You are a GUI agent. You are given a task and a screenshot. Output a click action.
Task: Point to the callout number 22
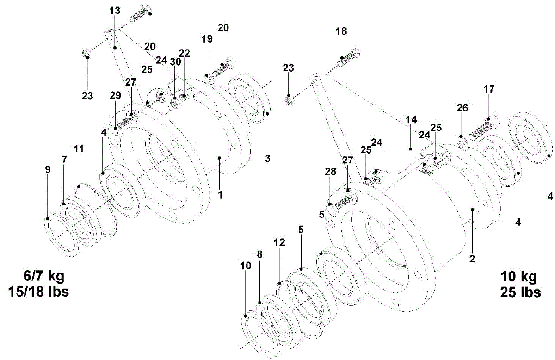185,53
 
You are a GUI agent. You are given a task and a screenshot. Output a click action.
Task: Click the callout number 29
115,95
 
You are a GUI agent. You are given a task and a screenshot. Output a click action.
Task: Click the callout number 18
341,31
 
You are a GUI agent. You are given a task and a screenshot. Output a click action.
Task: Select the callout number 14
411,119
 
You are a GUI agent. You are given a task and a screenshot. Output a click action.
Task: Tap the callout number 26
462,108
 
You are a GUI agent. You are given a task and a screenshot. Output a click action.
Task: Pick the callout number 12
279,242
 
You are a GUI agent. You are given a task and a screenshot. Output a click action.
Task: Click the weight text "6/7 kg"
44,276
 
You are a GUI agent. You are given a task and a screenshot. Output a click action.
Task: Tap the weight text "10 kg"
518,277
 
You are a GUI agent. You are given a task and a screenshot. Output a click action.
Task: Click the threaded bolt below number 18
348,57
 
